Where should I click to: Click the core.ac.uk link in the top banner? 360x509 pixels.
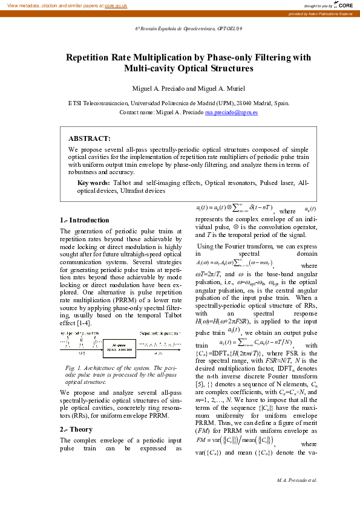tap(116, 5)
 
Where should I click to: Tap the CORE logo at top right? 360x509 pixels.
tap(344, 5)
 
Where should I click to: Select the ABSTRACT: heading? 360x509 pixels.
tap(89, 138)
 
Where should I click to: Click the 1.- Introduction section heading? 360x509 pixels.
tap(85, 220)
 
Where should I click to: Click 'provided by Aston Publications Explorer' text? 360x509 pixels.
tap(321, 13)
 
